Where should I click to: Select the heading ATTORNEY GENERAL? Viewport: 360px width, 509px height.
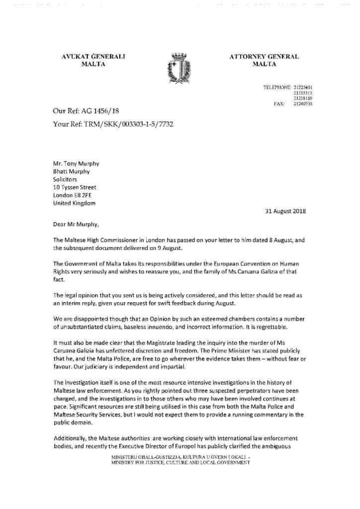[264, 57]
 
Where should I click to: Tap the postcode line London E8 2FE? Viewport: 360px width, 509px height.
[74, 195]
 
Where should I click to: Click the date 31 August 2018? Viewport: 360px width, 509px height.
[284, 211]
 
